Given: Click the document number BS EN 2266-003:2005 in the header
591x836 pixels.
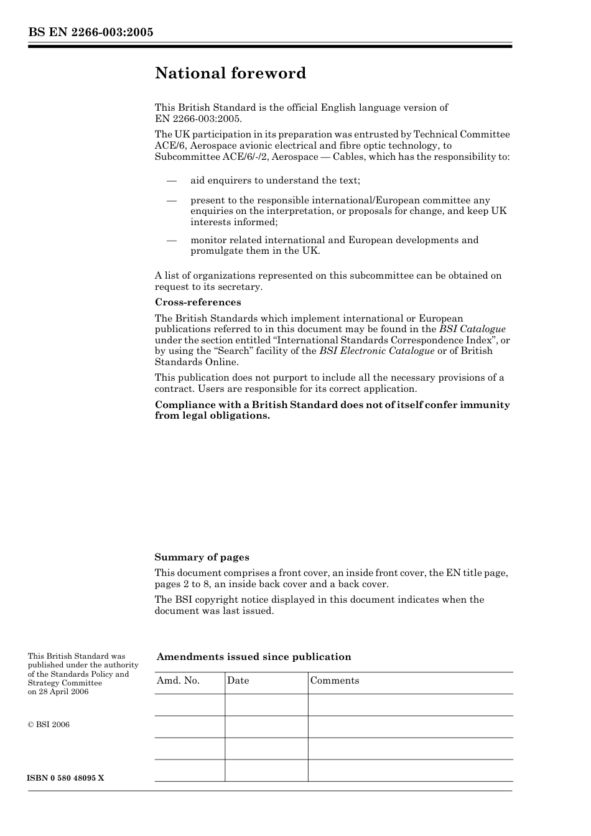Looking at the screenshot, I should (x=90, y=32).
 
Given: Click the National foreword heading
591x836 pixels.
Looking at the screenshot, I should (x=230, y=73).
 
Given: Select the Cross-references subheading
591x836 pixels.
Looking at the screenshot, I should (x=198, y=302).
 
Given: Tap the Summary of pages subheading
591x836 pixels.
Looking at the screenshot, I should (x=202, y=557).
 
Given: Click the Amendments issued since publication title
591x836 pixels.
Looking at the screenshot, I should (x=254, y=657).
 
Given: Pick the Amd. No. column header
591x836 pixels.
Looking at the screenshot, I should (x=178, y=680).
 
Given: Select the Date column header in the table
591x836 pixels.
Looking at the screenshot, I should (x=238, y=680).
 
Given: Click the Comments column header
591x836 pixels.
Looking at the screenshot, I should (x=335, y=680).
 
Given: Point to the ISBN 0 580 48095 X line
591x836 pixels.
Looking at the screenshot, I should (x=66, y=778).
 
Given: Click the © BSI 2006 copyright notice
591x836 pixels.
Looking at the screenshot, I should (x=49, y=725).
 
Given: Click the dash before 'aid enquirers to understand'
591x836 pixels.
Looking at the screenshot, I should (x=172, y=180).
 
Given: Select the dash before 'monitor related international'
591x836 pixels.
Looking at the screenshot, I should (x=172, y=240).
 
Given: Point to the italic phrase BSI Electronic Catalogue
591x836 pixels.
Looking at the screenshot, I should (x=377, y=351).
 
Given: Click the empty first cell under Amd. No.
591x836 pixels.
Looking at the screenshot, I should (x=189, y=705).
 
